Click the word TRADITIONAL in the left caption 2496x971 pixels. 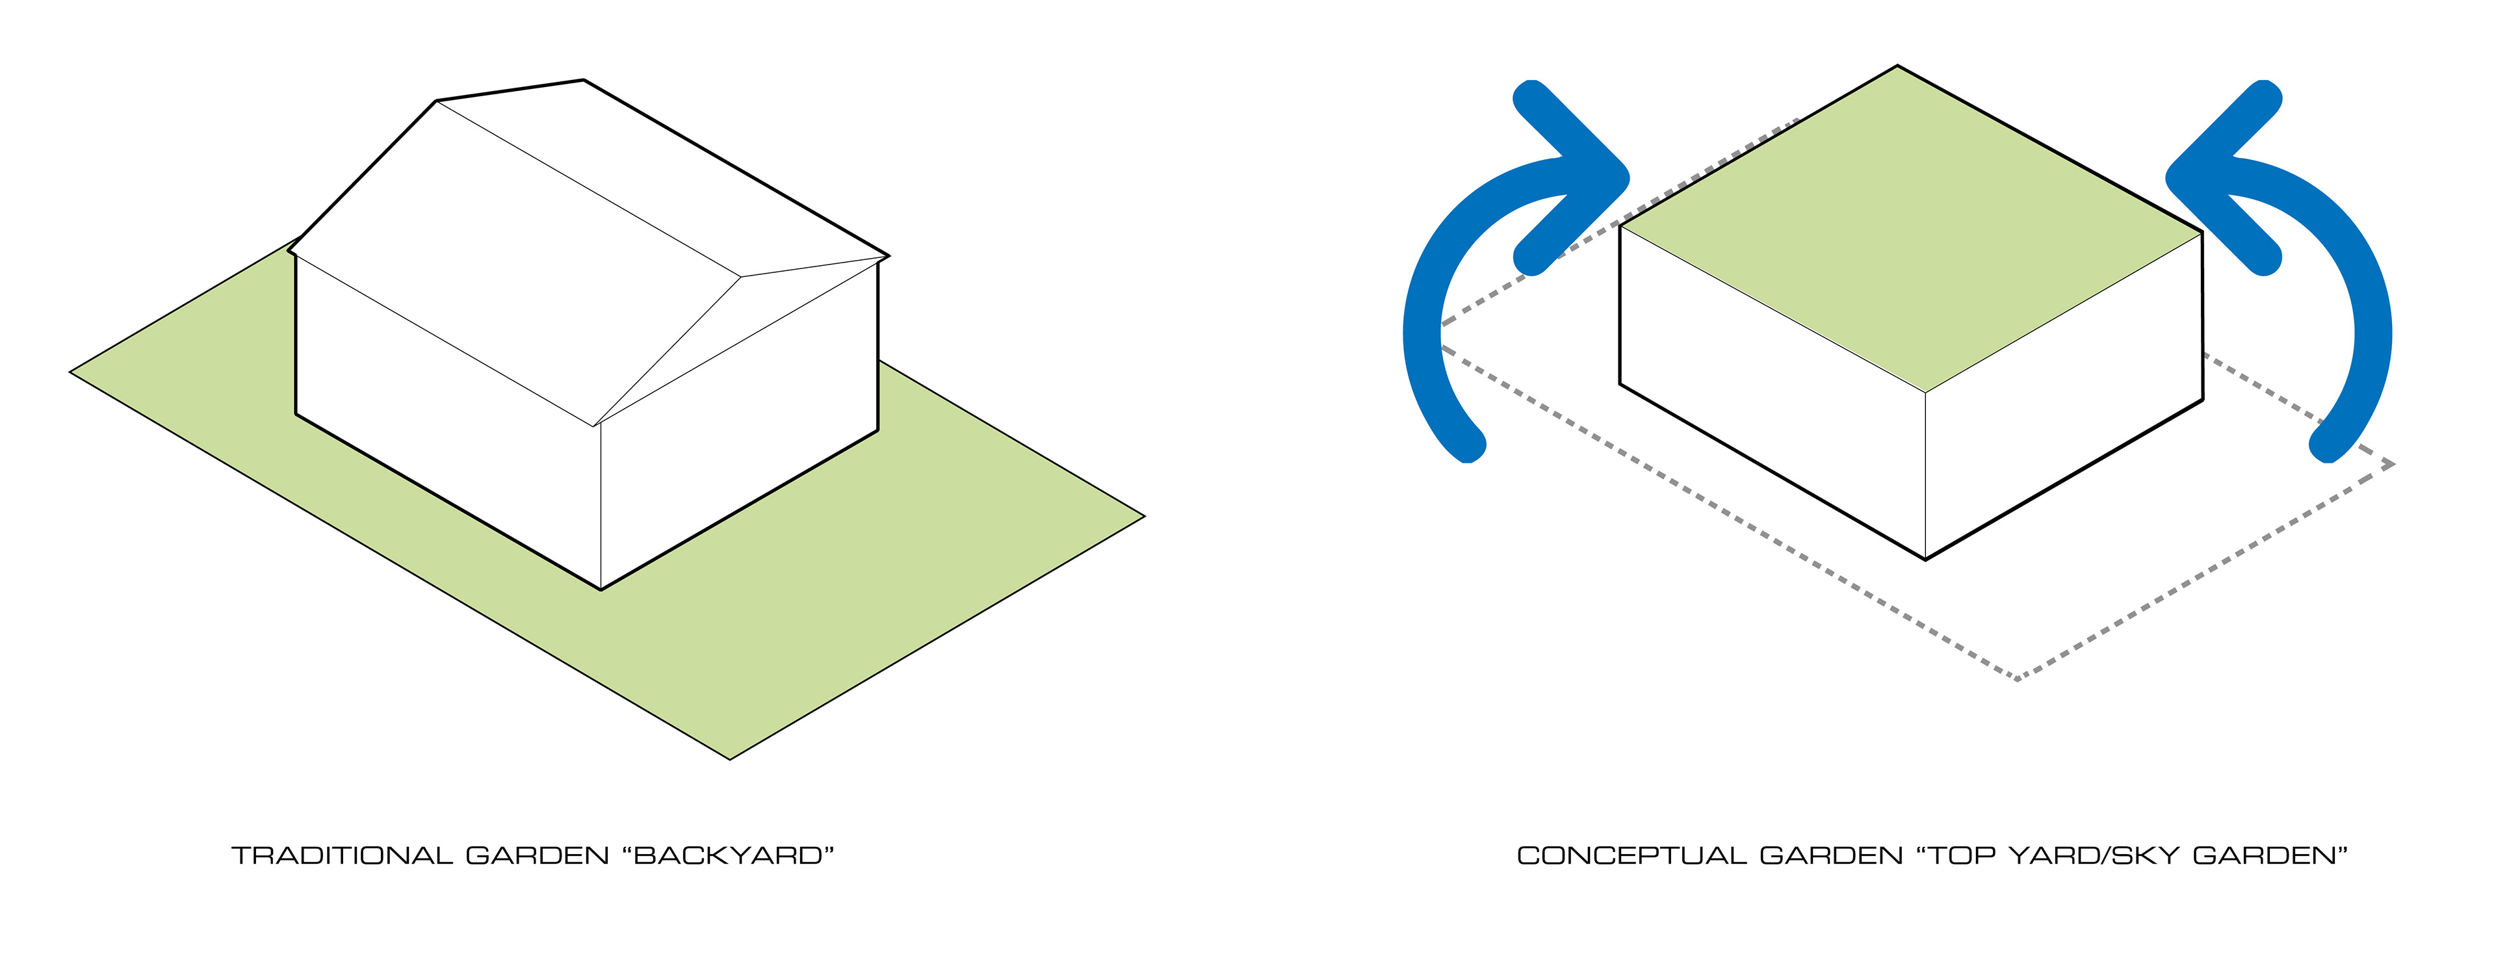click(341, 856)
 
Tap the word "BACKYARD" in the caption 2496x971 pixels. click(733, 856)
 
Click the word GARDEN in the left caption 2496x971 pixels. click(537, 856)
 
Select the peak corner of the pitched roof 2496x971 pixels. click(583, 81)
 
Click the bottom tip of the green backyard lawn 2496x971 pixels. click(729, 758)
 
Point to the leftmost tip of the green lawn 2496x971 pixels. click(71, 371)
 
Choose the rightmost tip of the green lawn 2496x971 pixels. click(1143, 517)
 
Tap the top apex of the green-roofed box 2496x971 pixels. click(1896, 67)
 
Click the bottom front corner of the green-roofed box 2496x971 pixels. click(1924, 559)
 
